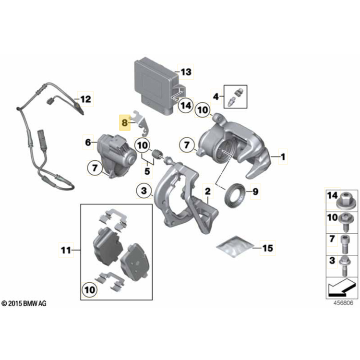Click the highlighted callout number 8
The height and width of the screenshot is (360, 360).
124,122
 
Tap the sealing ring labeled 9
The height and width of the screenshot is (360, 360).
235,195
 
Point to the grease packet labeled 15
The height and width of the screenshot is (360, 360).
235,246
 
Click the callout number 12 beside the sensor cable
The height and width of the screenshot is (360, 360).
85,99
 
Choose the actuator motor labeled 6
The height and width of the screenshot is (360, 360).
117,155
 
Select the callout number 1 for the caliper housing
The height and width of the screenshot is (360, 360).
283,157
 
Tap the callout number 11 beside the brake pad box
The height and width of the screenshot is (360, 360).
66,250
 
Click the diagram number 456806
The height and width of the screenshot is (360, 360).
343,303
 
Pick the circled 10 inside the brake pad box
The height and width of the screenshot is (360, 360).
90,290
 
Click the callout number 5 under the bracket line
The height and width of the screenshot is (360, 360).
147,171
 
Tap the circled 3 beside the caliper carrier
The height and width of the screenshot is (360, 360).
144,191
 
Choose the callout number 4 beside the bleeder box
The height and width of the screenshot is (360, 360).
216,96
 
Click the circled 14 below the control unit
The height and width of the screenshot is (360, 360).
186,106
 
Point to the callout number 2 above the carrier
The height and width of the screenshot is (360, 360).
207,191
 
